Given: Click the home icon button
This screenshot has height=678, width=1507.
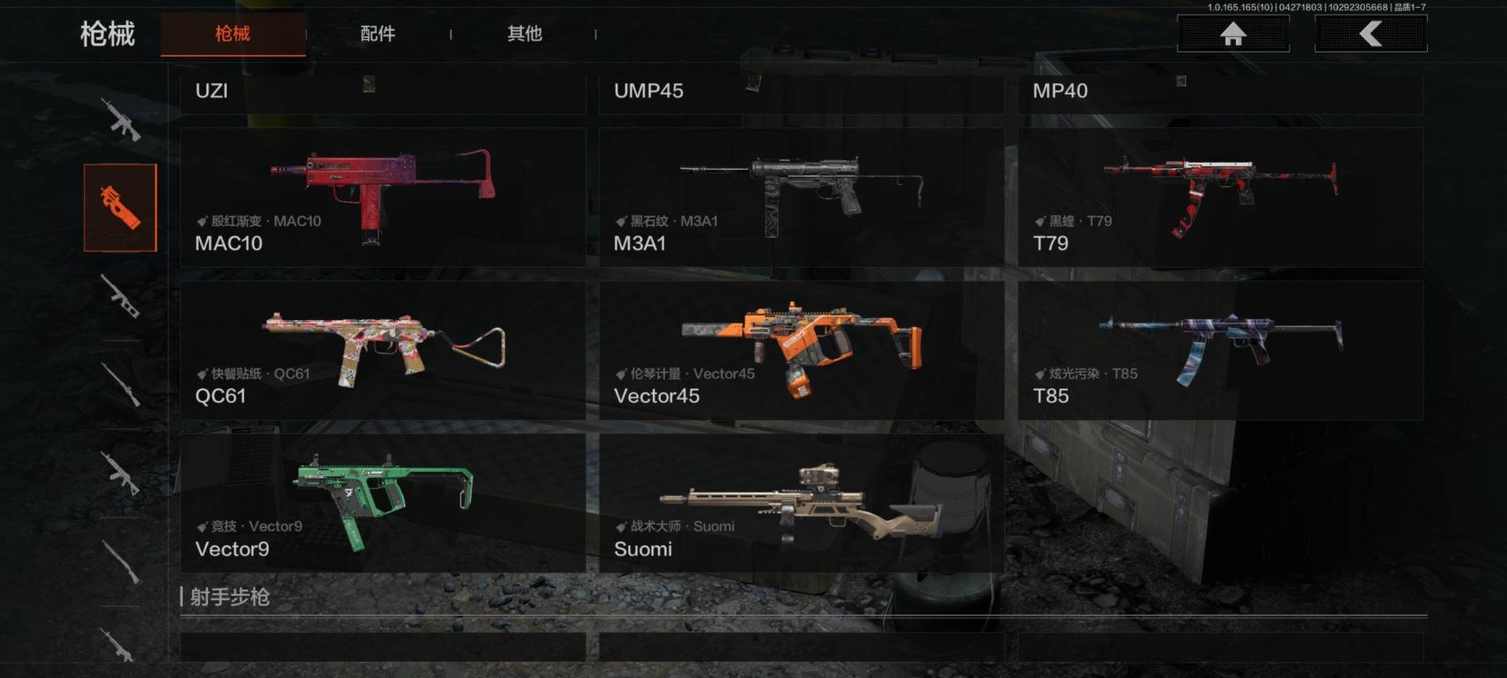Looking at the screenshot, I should pyautogui.click(x=1233, y=34).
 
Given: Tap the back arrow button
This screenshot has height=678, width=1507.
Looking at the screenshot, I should pyautogui.click(x=1370, y=34).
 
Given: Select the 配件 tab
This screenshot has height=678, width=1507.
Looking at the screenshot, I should pyautogui.click(x=378, y=34).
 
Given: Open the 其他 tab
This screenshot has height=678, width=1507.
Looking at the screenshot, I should pyautogui.click(x=524, y=34).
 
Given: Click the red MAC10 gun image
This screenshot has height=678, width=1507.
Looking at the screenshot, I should pyautogui.click(x=383, y=184).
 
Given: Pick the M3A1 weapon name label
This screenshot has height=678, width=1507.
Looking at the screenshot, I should pyautogui.click(x=640, y=243).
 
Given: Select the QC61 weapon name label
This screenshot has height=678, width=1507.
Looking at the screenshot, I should pyautogui.click(x=221, y=396).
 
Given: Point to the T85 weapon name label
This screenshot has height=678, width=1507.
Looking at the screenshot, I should pyautogui.click(x=1051, y=396).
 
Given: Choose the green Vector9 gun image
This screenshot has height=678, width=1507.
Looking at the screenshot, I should pyautogui.click(x=383, y=494).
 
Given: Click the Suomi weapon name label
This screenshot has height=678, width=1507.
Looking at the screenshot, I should pyautogui.click(x=643, y=549).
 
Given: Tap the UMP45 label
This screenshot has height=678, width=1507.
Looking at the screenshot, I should pyautogui.click(x=648, y=91).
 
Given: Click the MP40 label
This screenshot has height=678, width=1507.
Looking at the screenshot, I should pyautogui.click(x=1060, y=91).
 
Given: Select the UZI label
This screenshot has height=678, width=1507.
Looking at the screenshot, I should pyautogui.click(x=211, y=91).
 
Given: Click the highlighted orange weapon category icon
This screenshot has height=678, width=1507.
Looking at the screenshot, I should pyautogui.click(x=120, y=208).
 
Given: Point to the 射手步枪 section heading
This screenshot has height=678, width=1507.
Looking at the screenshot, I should pyautogui.click(x=230, y=597).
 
